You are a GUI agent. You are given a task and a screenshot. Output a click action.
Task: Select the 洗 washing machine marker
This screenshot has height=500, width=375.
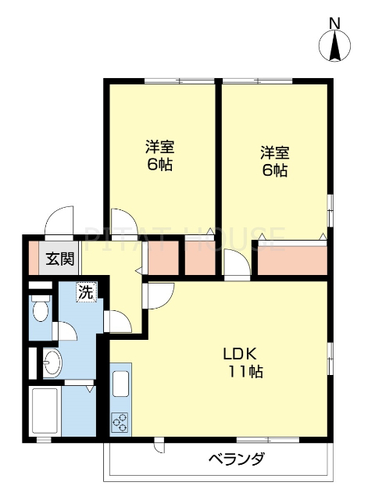[85, 293]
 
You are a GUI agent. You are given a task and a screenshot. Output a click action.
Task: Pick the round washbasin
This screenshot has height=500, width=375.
[51, 362]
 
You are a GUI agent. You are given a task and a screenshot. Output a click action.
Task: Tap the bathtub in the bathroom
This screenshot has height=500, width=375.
[45, 409]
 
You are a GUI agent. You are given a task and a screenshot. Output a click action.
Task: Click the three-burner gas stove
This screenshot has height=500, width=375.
[122, 423]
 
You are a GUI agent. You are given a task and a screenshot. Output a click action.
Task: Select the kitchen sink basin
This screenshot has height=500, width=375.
[122, 384]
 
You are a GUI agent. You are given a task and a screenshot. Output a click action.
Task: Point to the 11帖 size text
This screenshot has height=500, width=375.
[245, 371]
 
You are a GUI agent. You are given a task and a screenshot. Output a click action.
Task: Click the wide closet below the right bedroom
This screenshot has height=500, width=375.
[292, 260]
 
